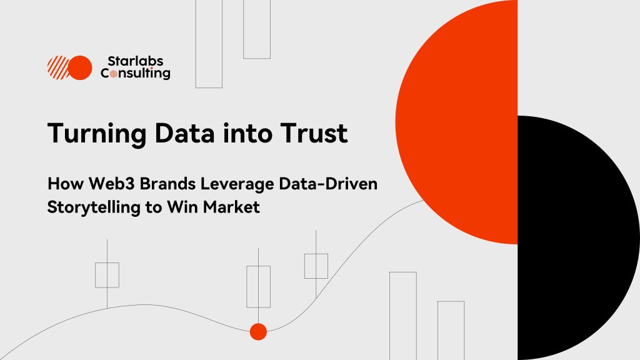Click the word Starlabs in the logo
tap(135, 61)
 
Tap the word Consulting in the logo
tap(136, 74)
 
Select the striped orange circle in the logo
tap(58, 67)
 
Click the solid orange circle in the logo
tap(80, 67)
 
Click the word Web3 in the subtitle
tap(111, 184)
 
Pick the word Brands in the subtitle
tap(167, 184)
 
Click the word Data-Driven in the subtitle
tap(328, 184)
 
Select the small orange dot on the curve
tap(258, 332)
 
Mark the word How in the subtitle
tap(65, 184)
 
